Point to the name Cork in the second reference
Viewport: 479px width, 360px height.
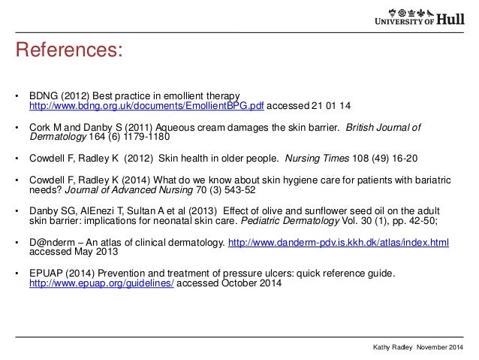coord(39,128)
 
